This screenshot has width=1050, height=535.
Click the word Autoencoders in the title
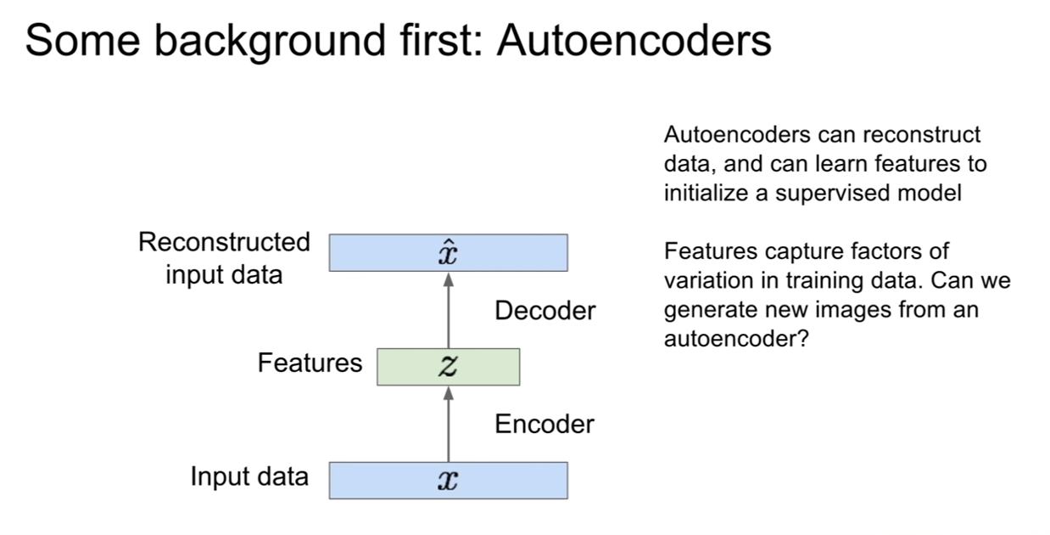[x=634, y=41]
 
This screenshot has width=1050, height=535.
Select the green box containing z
[x=448, y=367]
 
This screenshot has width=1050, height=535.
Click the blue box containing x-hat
[x=448, y=253]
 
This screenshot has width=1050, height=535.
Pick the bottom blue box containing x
[x=448, y=481]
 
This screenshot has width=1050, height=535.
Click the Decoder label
[x=545, y=311]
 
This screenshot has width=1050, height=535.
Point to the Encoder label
[x=545, y=425]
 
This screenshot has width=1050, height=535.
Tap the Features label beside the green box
[x=310, y=363]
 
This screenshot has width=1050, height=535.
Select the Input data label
[x=249, y=476]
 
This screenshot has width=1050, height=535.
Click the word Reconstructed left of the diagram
[x=224, y=242]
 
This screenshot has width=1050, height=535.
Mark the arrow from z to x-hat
[x=449, y=311]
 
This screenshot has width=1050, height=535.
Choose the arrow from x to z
[x=449, y=425]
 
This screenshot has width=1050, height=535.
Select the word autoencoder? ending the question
[x=736, y=338]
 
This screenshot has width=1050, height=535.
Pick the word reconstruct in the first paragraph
[x=922, y=135]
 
